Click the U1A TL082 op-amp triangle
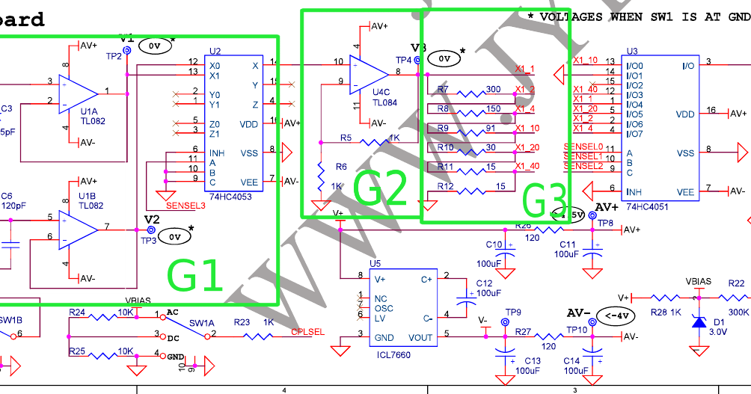79,93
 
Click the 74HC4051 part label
648,206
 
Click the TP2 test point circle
127,50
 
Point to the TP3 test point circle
150,231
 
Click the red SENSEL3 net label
186,204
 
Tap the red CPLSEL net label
307,331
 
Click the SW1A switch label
201,323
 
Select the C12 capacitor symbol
469,298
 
